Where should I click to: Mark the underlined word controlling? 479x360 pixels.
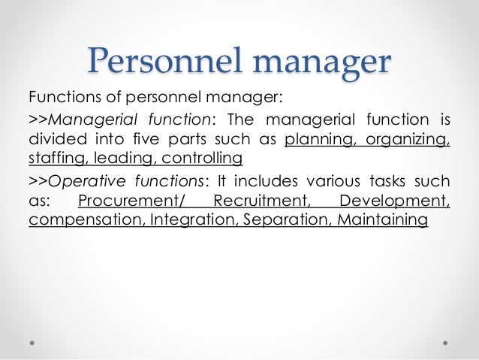196,159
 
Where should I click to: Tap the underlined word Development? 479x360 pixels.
394,201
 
